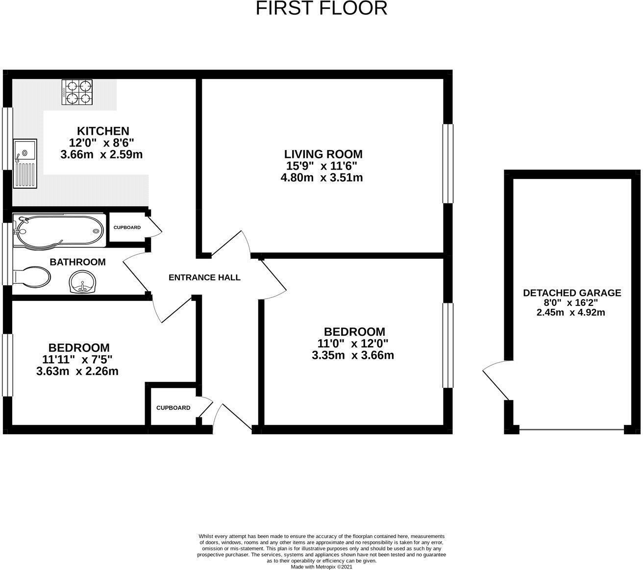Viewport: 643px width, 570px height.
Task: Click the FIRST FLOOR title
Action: [321, 8]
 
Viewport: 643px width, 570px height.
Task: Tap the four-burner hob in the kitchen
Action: [77, 92]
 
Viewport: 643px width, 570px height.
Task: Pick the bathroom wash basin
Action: [82, 283]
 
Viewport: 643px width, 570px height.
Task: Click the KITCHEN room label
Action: [103, 131]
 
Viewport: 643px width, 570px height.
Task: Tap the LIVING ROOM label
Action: [324, 154]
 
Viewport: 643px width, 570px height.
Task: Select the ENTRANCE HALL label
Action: [204, 277]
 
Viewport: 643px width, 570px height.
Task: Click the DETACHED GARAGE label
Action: [572, 293]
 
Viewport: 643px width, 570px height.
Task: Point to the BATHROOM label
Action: [77, 262]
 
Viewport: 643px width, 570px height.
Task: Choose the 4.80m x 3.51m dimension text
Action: [321, 177]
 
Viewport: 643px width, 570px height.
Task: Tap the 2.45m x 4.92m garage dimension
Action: [571, 312]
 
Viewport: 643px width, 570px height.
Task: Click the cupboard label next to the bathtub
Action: [127, 227]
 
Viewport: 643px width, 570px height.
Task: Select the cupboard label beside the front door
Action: [173, 408]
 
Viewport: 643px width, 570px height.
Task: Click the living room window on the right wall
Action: [447, 163]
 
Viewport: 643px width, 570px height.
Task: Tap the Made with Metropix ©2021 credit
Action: [321, 567]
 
